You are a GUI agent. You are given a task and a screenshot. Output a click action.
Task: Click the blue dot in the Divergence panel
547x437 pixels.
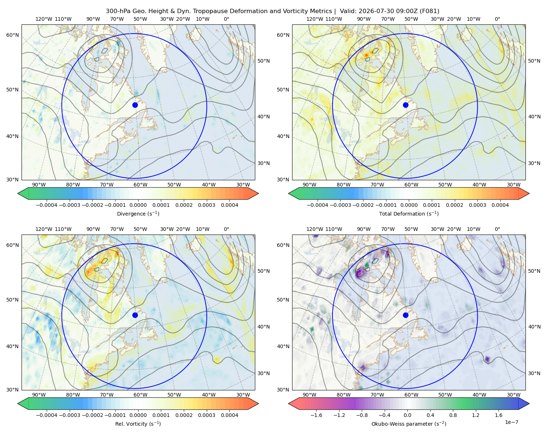point(135,105)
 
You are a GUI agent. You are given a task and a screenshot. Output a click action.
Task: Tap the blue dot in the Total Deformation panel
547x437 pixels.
point(406,105)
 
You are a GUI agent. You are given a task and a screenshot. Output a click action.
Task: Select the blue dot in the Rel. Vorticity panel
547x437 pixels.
point(135,315)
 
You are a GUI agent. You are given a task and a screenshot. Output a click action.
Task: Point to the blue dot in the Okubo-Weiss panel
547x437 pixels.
point(406,315)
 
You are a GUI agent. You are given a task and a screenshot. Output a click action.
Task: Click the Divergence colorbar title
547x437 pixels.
point(138,213)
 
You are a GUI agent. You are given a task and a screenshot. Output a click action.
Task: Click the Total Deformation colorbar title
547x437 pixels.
point(409,213)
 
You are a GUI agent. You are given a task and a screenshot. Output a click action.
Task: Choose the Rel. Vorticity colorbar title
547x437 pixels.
point(138,424)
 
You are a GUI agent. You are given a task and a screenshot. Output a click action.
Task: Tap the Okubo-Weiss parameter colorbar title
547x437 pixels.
point(409,424)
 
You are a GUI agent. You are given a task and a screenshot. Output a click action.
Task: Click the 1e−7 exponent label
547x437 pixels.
point(511,422)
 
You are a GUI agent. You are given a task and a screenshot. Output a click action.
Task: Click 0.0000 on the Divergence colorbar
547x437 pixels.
point(138,205)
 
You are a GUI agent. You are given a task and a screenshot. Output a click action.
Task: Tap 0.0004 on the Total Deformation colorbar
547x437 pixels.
point(500,205)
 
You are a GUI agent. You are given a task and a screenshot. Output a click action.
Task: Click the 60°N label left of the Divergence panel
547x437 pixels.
point(12,35)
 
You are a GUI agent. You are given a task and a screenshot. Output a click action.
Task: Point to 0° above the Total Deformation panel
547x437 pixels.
point(497,19)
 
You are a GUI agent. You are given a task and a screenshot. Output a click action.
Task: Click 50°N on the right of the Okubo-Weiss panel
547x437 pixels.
point(534,271)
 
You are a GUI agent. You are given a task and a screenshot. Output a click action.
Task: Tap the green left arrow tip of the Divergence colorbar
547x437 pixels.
point(18,193)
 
